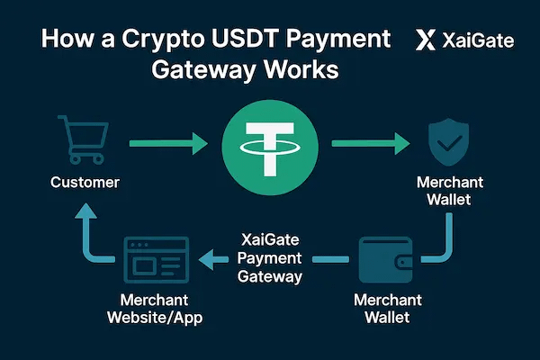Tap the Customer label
coord(85,183)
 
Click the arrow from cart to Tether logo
coord(166,142)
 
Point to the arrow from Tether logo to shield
coord(369,142)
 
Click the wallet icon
coord(385,258)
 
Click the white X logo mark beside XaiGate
coord(427,40)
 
